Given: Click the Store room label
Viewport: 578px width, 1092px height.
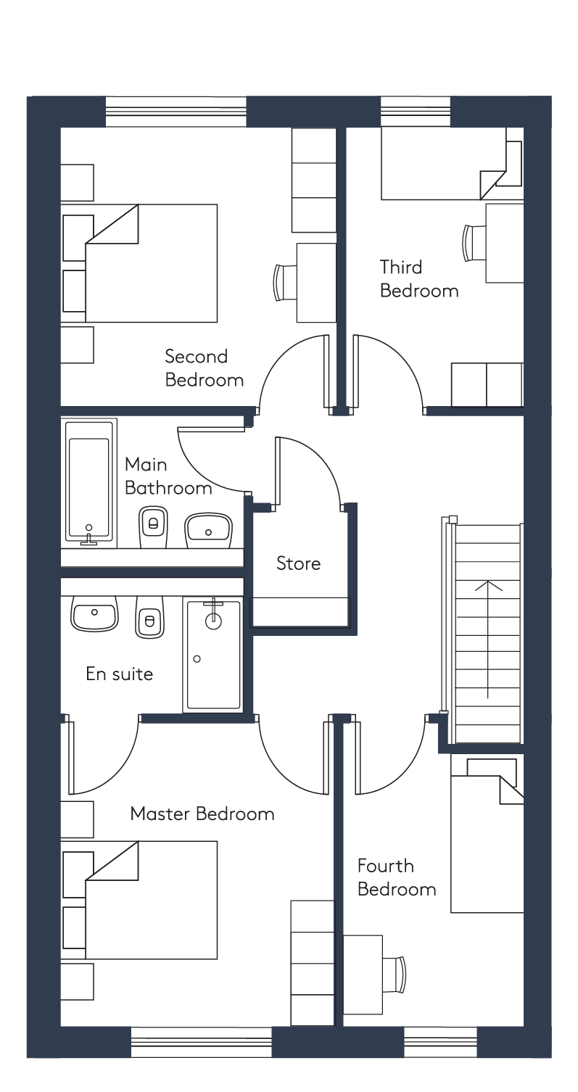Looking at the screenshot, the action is pyautogui.click(x=299, y=563).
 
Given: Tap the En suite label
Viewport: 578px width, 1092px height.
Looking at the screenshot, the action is pyautogui.click(x=120, y=674).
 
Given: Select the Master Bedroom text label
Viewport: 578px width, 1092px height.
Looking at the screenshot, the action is pyautogui.click(x=202, y=814).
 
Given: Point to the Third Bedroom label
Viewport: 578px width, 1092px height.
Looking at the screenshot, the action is pyautogui.click(x=419, y=279).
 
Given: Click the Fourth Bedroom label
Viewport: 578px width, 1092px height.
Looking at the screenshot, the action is pyautogui.click(x=397, y=877).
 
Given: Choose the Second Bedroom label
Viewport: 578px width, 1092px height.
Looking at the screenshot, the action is pyautogui.click(x=205, y=368).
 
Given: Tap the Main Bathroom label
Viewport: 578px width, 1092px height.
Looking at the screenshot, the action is pyautogui.click(x=168, y=476).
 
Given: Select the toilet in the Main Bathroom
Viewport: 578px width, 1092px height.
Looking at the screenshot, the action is pyautogui.click(x=153, y=527).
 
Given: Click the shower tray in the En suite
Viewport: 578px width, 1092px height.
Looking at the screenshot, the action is pyautogui.click(x=212, y=655).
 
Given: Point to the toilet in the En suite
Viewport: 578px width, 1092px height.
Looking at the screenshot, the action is pyautogui.click(x=149, y=616).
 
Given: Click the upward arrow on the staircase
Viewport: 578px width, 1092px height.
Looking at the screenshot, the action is pyautogui.click(x=488, y=639).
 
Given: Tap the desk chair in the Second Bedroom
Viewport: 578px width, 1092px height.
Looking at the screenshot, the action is pyautogui.click(x=285, y=283).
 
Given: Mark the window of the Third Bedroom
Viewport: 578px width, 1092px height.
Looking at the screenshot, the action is pyautogui.click(x=415, y=112).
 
